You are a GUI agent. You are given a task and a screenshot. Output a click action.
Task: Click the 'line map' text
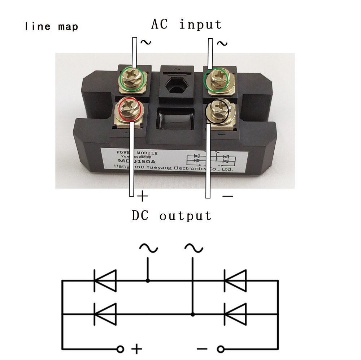[x=52, y=26]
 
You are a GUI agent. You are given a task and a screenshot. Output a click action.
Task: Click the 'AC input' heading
[x=186, y=24]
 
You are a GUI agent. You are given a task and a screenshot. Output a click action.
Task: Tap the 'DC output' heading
[x=171, y=216]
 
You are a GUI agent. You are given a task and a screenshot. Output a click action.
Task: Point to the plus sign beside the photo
[x=143, y=196]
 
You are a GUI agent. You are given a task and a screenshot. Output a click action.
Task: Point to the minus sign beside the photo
[x=228, y=196]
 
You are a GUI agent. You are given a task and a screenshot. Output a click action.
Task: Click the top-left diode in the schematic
[x=105, y=280]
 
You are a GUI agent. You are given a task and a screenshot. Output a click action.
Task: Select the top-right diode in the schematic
[x=235, y=280]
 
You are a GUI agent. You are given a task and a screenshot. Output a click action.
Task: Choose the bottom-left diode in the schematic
[x=105, y=314]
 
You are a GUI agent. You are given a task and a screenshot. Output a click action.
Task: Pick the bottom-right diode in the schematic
[x=235, y=314]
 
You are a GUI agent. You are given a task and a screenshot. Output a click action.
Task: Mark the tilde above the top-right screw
[x=222, y=44]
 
